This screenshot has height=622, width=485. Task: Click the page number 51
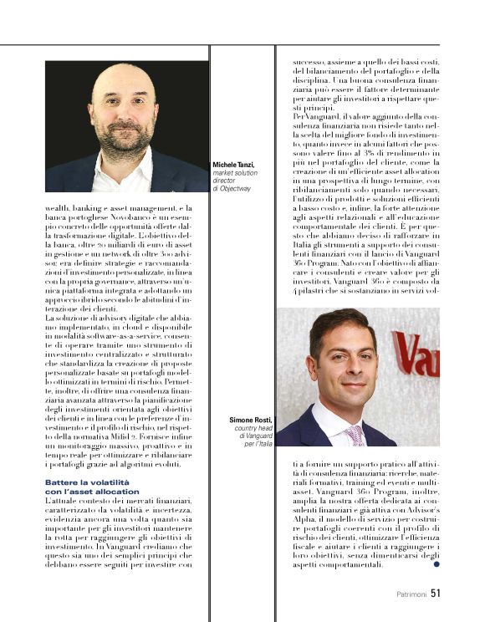click(435, 594)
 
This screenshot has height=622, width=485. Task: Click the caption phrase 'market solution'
click(237, 173)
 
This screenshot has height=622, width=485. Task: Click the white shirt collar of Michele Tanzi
click(124, 176)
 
